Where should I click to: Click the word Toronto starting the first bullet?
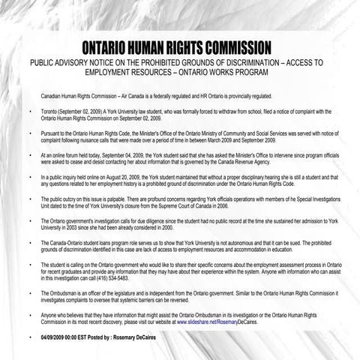click(x=50, y=110)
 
